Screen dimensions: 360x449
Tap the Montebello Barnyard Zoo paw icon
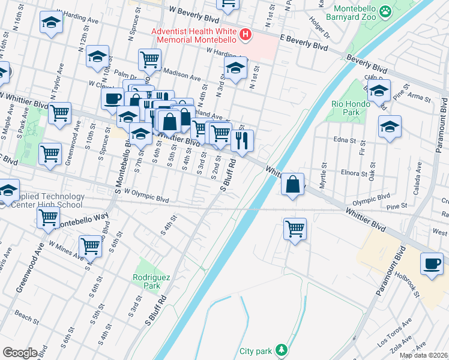(x=387, y=10)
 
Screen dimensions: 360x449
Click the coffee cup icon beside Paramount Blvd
(x=432, y=263)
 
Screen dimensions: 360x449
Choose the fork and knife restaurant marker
(x=242, y=140)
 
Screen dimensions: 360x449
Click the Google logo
(x=20, y=352)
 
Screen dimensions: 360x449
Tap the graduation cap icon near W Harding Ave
(x=52, y=23)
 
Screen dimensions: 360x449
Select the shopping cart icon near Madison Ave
(x=149, y=59)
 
